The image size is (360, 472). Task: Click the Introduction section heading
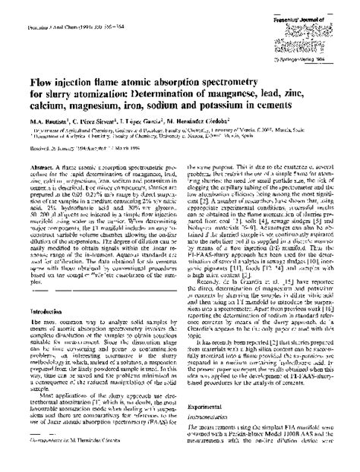[x=53, y=312]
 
